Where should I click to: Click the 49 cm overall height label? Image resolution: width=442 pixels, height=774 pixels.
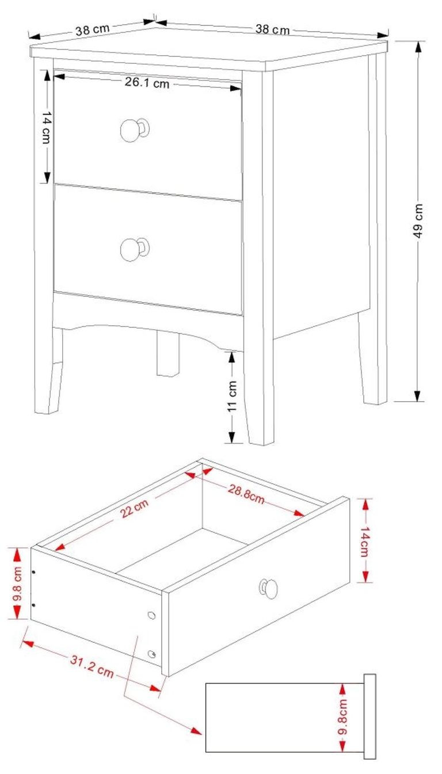pos(418,220)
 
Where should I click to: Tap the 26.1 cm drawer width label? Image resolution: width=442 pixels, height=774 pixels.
pos(147,83)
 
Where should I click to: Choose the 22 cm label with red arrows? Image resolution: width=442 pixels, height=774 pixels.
pos(134,508)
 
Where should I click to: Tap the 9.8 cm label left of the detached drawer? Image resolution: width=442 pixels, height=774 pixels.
pos(18,583)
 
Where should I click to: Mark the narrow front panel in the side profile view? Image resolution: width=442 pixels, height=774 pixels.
pos(369,716)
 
